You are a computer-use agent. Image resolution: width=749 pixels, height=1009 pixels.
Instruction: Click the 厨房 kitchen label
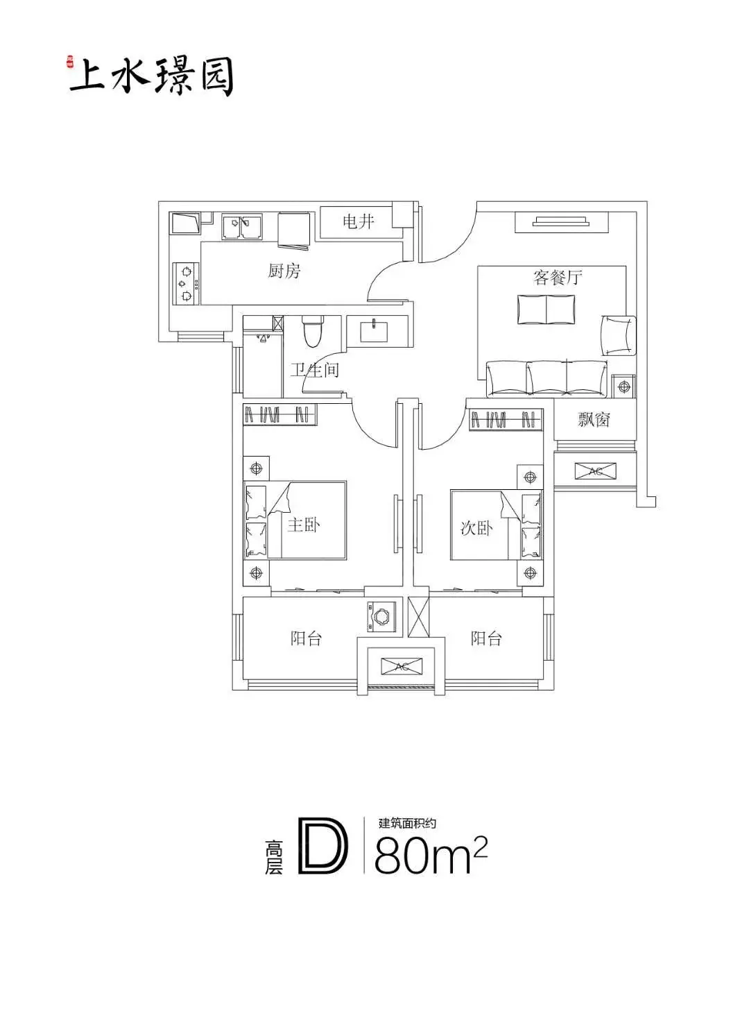point(284,271)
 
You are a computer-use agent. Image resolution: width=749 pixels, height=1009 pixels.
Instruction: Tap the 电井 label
point(359,221)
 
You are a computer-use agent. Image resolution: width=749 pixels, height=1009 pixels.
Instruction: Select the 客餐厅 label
point(558,277)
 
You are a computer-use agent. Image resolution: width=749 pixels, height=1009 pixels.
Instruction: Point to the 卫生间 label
point(315,369)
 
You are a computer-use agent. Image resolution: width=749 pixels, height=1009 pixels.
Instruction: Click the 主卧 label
point(303,525)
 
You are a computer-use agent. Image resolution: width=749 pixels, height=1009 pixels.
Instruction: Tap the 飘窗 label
point(594,419)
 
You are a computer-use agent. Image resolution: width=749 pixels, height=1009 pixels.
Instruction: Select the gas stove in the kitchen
point(187,283)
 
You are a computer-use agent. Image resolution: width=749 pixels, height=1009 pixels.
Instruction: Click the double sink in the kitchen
point(242,226)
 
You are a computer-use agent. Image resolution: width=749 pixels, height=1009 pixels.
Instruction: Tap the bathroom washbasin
point(374,330)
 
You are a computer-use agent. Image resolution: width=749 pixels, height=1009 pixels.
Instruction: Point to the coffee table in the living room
point(546,310)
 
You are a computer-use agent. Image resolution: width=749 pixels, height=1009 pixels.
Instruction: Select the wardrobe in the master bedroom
point(279,414)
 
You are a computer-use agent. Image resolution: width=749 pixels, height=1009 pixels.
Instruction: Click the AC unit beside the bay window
point(596,470)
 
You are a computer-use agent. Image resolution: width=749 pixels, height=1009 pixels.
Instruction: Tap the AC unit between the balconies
point(401,666)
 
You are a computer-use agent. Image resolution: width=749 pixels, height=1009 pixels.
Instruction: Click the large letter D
point(323,846)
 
